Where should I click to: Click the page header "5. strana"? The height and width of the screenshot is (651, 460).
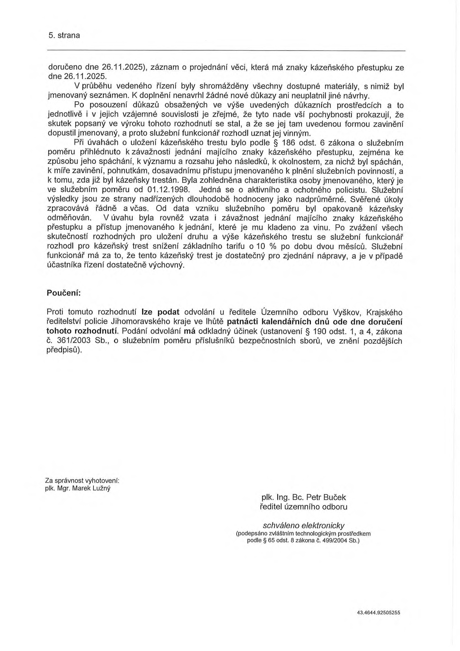pyautogui.click(x=64, y=36)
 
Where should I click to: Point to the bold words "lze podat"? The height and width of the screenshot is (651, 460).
pyautogui.click(x=161, y=312)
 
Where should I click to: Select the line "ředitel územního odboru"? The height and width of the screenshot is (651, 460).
pyautogui.click(x=303, y=507)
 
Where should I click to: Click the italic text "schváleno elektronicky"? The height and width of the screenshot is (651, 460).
pyautogui.click(x=304, y=525)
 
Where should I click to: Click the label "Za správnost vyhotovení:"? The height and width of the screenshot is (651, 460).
pyautogui.click(x=82, y=481)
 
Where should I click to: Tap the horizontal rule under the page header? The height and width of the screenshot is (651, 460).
pyautogui.click(x=226, y=51)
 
